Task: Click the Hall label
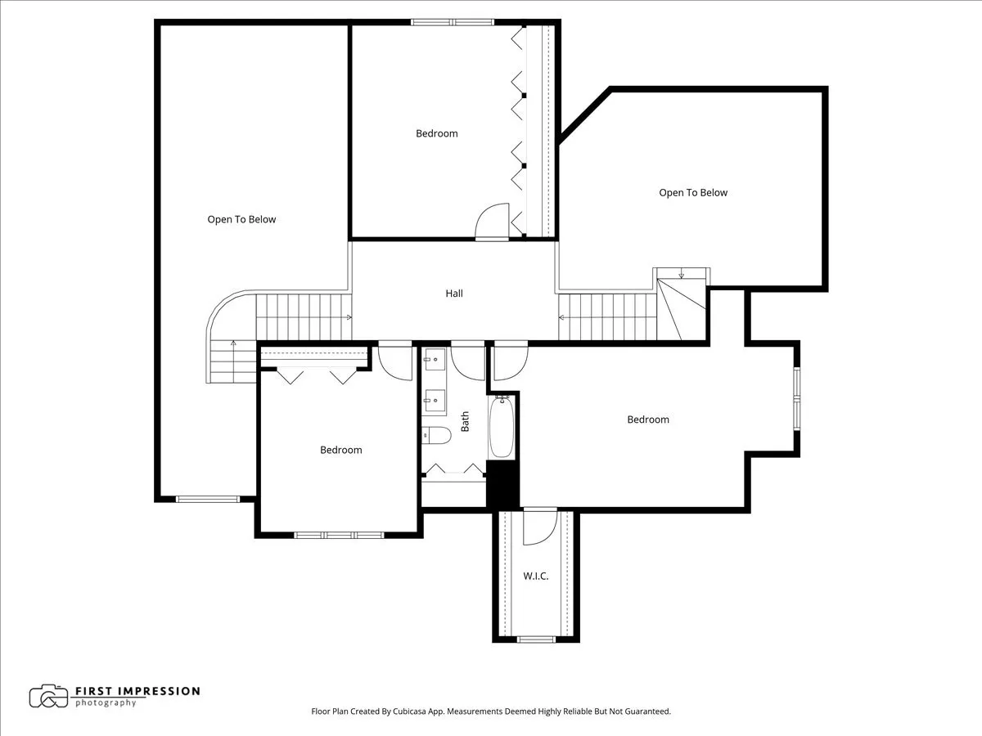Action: pos(454,294)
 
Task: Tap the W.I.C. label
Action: pos(536,577)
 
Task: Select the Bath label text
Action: pos(466,421)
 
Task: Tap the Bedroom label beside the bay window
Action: pos(648,420)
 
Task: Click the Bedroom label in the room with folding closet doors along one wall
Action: pos(437,133)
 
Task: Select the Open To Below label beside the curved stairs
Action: pos(241,219)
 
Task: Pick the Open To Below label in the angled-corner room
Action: pos(693,193)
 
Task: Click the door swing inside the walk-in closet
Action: pos(538,527)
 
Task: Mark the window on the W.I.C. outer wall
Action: pos(537,639)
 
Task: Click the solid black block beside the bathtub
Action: pos(502,484)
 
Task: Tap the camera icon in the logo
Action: pos(48,696)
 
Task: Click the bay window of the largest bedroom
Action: pos(796,398)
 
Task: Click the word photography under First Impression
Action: pos(106,703)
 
